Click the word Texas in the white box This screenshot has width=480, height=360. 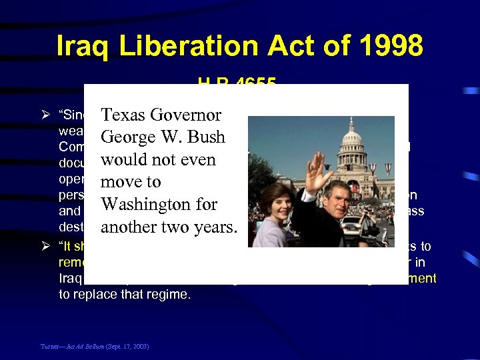[124, 115]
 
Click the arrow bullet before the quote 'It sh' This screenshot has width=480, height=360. [45, 247]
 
